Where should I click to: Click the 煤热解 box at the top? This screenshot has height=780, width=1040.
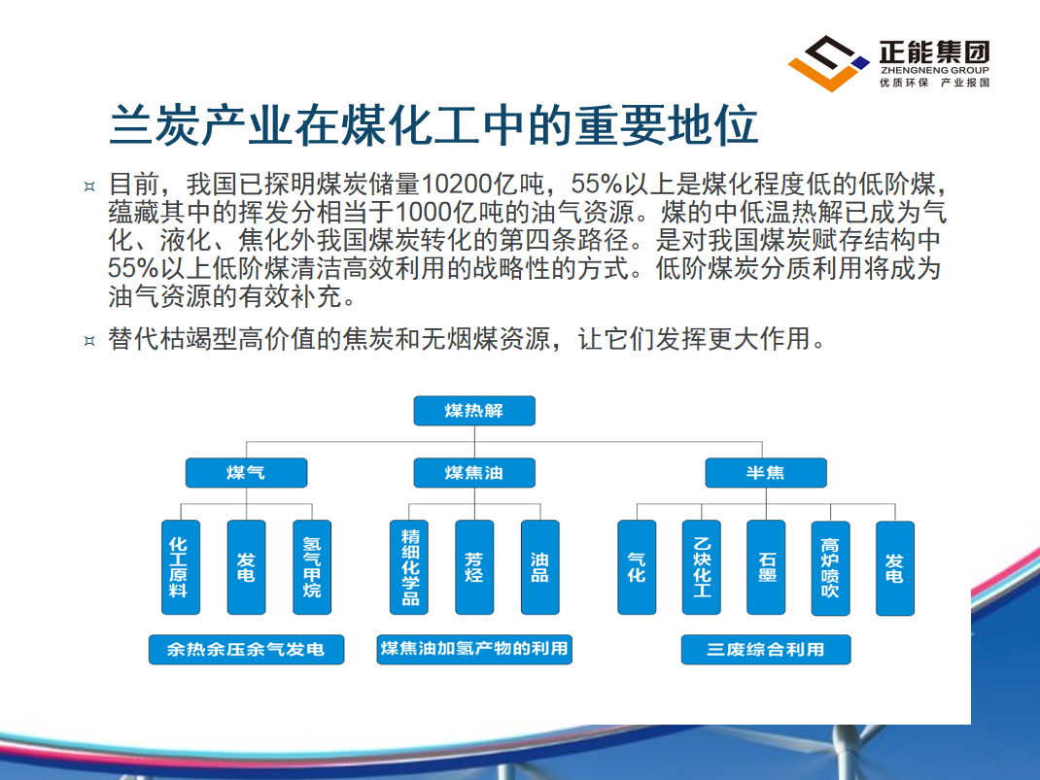pyautogui.click(x=474, y=411)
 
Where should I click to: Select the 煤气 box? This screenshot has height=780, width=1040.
pyautogui.click(x=246, y=472)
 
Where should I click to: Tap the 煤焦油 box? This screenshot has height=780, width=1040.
pyautogui.click(x=474, y=472)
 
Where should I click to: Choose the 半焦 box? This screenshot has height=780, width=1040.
pyautogui.click(x=766, y=472)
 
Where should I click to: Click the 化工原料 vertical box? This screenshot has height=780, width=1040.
pyautogui.click(x=181, y=567)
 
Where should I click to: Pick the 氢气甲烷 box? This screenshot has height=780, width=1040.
pyautogui.click(x=312, y=567)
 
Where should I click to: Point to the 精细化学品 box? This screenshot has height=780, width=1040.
pyautogui.click(x=409, y=567)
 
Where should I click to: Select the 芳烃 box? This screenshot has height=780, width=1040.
pyautogui.click(x=474, y=567)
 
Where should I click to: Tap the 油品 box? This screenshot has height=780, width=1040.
pyautogui.click(x=539, y=567)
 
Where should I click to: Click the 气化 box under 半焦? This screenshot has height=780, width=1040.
pyautogui.click(x=637, y=567)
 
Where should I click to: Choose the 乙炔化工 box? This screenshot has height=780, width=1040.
pyautogui.click(x=702, y=567)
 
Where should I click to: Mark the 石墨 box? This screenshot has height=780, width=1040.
pyautogui.click(x=766, y=567)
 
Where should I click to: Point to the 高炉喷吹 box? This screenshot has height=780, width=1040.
pyautogui.click(x=830, y=568)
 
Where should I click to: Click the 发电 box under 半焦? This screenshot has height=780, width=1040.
pyautogui.click(x=895, y=568)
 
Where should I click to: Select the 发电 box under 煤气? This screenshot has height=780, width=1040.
pyautogui.click(x=246, y=567)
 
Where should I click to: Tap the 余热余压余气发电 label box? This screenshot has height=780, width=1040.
pyautogui.click(x=246, y=650)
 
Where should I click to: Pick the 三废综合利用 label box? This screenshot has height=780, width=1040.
pyautogui.click(x=766, y=650)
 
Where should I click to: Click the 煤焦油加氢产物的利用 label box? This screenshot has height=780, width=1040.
pyautogui.click(x=474, y=650)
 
